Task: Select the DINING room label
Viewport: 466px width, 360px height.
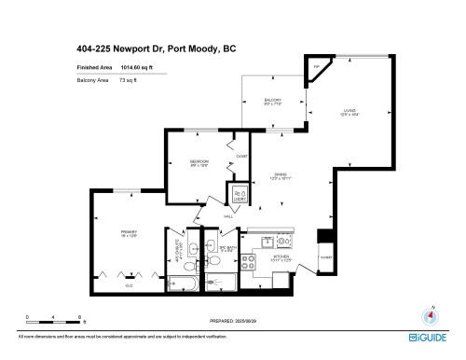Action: click(x=280, y=173)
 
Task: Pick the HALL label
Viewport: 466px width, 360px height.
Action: click(x=228, y=216)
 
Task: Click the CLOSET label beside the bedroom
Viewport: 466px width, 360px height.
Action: click(x=241, y=156)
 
